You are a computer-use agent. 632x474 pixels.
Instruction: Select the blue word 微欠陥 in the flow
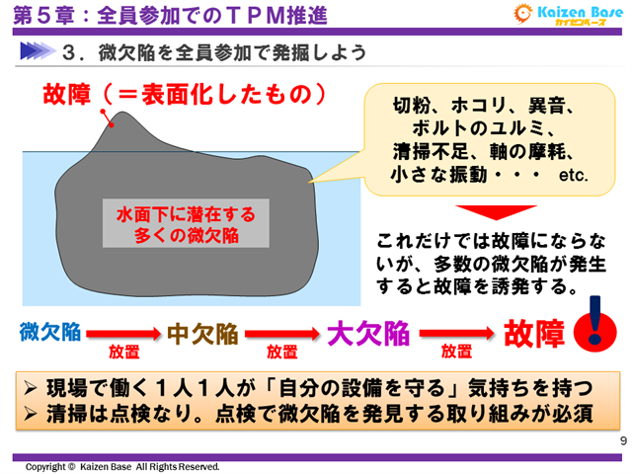[x=49, y=332]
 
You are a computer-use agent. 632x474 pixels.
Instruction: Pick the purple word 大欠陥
[x=368, y=333]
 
